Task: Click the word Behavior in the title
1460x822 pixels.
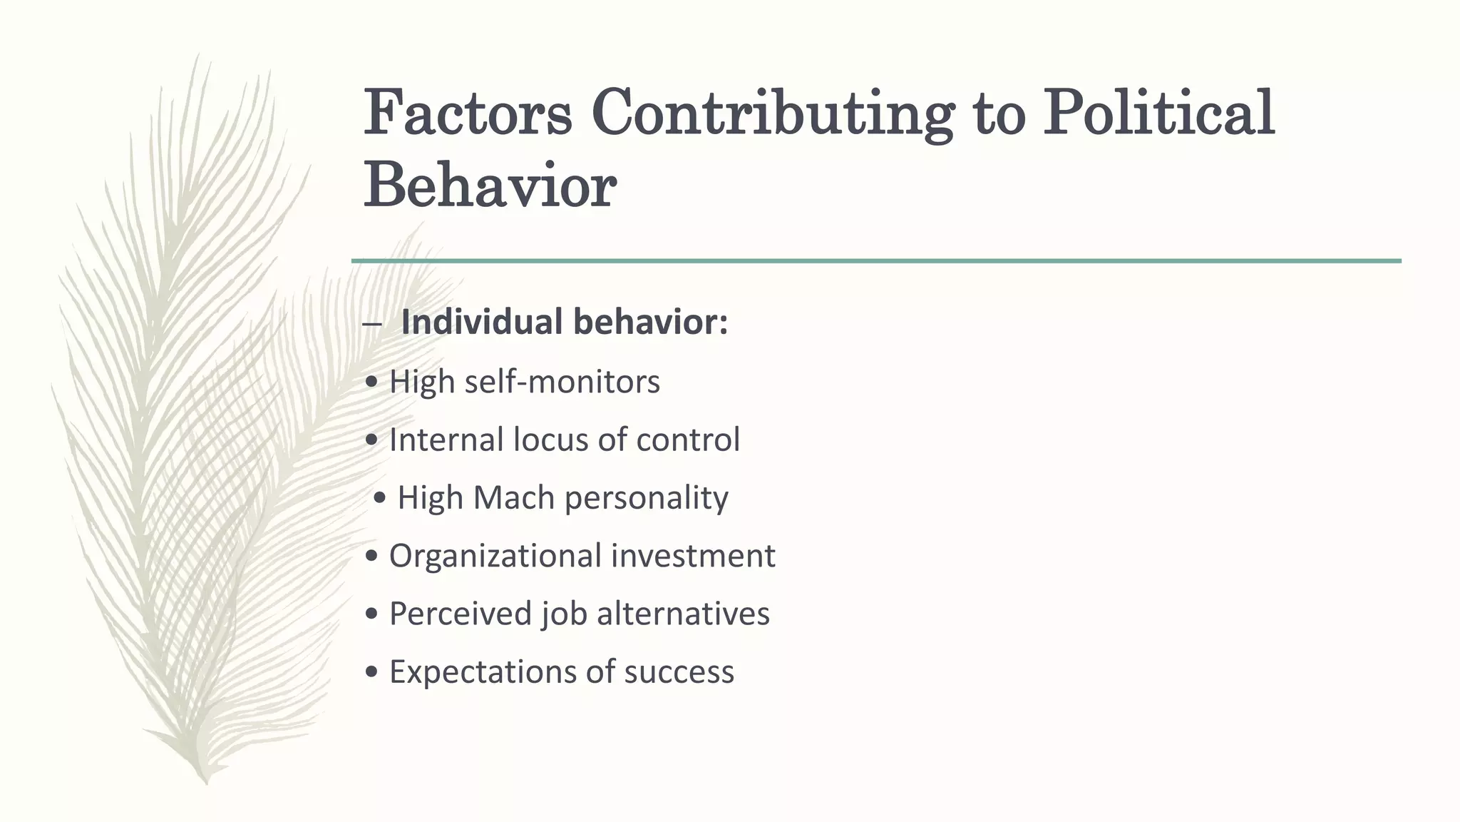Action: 490,186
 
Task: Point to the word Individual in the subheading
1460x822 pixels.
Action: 482,322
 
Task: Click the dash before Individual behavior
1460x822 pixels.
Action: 371,325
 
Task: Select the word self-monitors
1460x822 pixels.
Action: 562,382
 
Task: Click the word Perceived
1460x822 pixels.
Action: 451,614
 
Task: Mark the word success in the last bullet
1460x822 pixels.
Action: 679,673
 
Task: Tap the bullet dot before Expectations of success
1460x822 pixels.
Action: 371,673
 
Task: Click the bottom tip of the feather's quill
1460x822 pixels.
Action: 206,783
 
